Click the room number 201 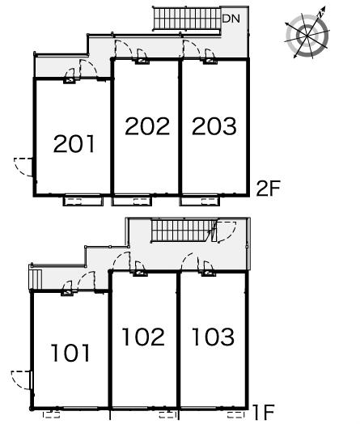74,143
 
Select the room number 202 147,126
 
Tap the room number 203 214,126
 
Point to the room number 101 70,353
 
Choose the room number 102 143,337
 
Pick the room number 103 213,337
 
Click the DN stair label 231,19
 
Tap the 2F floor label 269,189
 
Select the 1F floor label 264,413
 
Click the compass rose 307,35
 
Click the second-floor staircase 187,19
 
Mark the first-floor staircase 182,231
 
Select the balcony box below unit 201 83,201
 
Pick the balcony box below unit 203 200,201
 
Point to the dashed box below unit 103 235,415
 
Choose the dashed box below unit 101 51,415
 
